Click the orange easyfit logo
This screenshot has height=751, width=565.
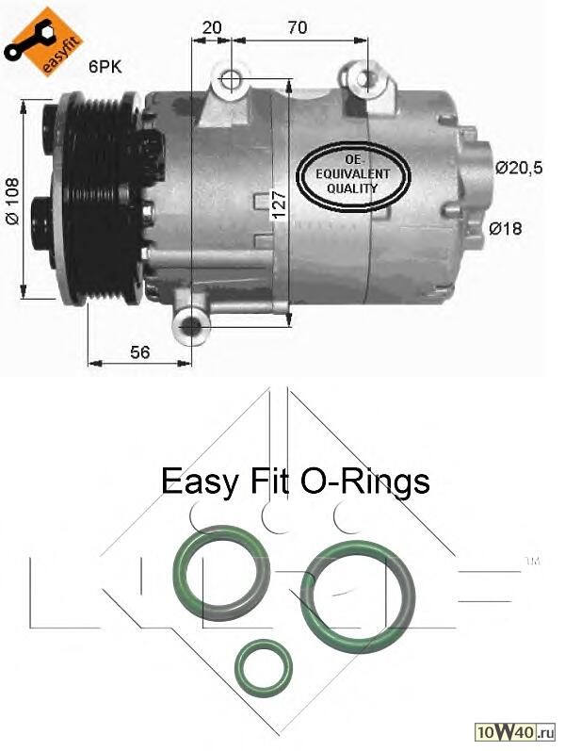43,41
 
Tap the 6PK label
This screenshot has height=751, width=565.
105,67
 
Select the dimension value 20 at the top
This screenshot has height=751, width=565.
212,27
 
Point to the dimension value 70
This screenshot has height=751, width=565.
298,27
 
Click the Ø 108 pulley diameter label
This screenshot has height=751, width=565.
12,201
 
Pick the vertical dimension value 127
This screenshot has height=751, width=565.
279,205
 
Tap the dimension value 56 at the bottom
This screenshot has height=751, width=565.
139,352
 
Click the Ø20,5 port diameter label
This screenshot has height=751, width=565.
519,168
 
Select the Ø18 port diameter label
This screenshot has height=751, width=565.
506,228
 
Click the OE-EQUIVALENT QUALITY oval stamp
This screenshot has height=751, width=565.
353,174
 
